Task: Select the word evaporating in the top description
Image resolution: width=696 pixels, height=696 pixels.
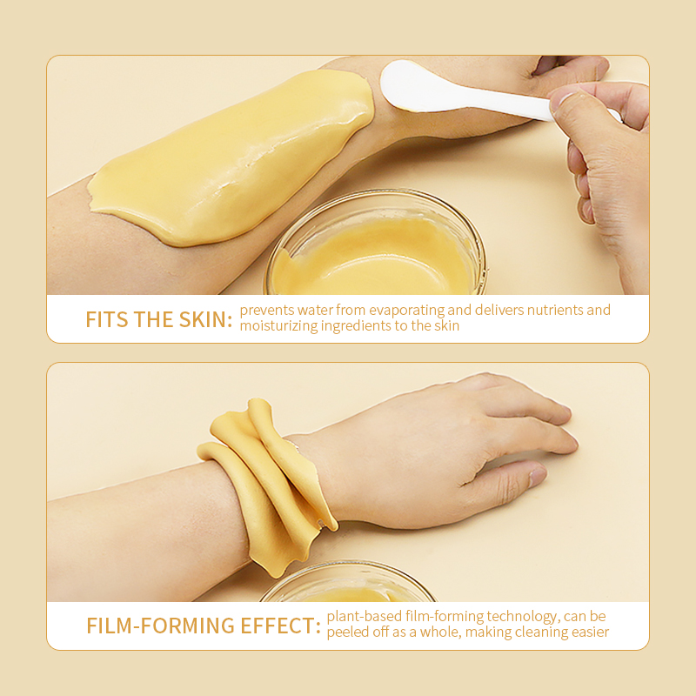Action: pyautogui.click(x=406, y=311)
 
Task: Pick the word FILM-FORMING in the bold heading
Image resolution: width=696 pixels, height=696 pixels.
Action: pyautogui.click(x=160, y=626)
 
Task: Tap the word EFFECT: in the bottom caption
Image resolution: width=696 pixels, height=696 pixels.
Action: pyautogui.click(x=280, y=626)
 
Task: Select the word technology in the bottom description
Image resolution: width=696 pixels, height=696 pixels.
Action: pyautogui.click(x=521, y=617)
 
